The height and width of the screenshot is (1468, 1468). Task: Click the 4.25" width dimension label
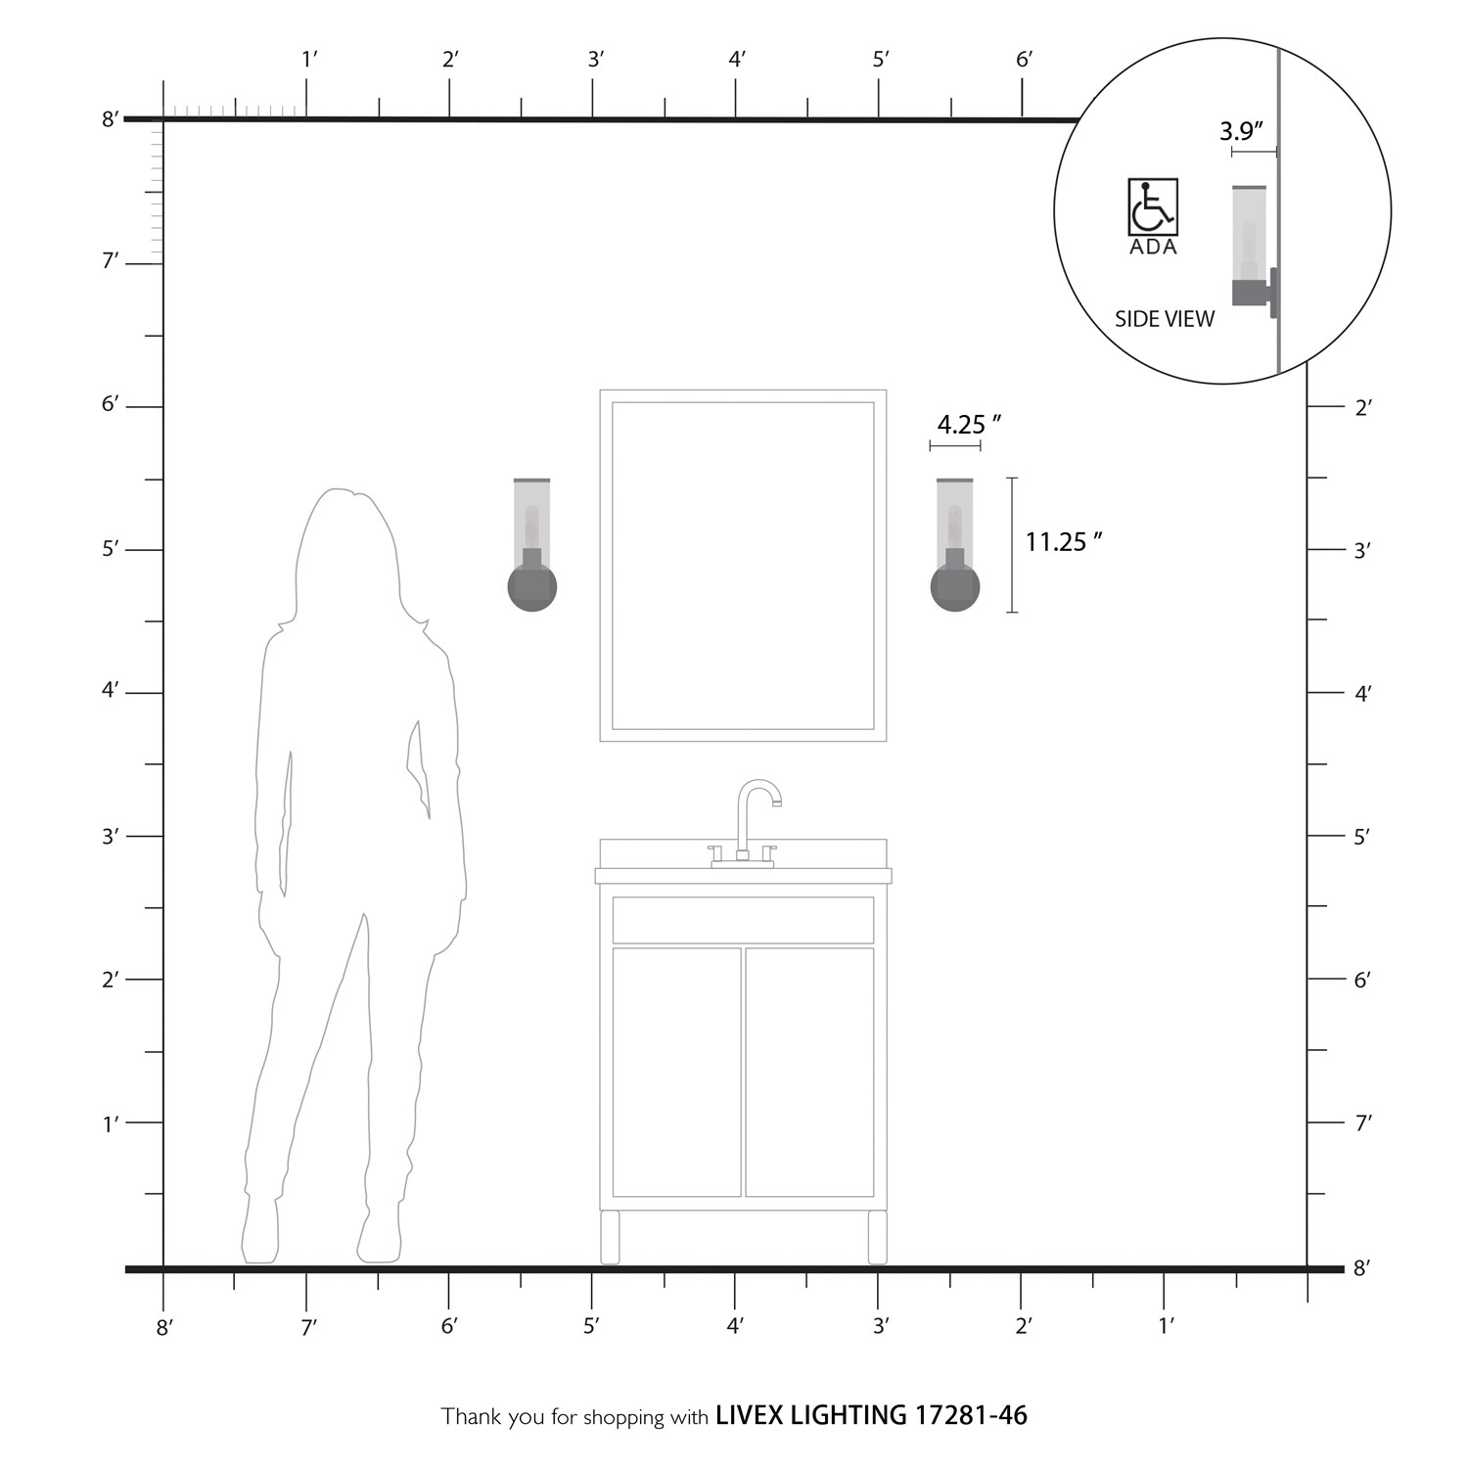tap(969, 425)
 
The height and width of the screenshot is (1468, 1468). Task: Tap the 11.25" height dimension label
tap(1064, 541)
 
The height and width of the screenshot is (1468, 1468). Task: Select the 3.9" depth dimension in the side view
tap(1242, 130)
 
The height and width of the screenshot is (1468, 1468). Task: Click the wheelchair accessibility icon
tap(1153, 206)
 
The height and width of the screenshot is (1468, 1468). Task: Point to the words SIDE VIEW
tap(1165, 319)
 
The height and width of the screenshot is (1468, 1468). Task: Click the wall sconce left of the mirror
tap(532, 545)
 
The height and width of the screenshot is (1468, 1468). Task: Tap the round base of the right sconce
tap(955, 587)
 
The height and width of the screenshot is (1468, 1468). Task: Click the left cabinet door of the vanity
tap(676, 1072)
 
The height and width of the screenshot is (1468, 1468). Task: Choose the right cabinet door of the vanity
tap(809, 1072)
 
